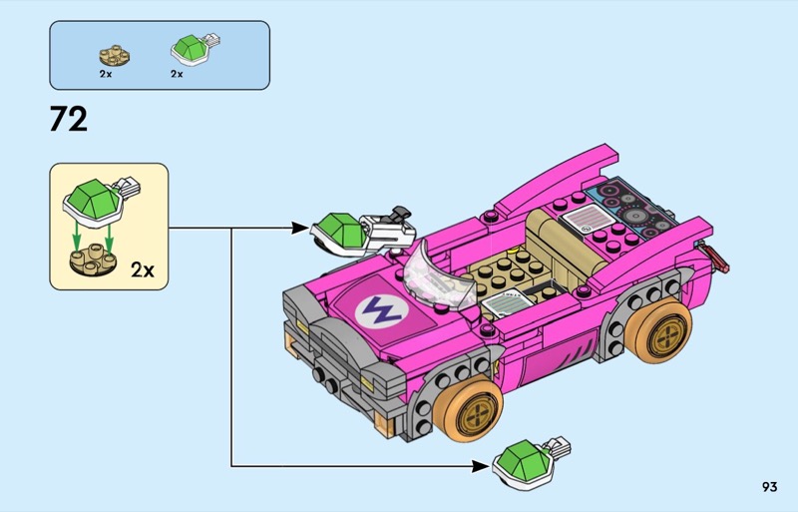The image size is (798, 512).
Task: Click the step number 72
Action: tap(69, 120)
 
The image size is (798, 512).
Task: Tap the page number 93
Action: tap(768, 487)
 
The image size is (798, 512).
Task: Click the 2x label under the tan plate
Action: tap(106, 74)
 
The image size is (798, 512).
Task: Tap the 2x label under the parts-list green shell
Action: tap(177, 74)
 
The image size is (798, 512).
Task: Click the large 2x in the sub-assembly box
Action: tap(143, 269)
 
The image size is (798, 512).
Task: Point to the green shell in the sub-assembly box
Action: tap(93, 197)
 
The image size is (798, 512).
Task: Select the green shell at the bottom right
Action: tap(520, 460)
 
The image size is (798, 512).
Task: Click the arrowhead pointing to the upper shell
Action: tap(302, 229)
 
